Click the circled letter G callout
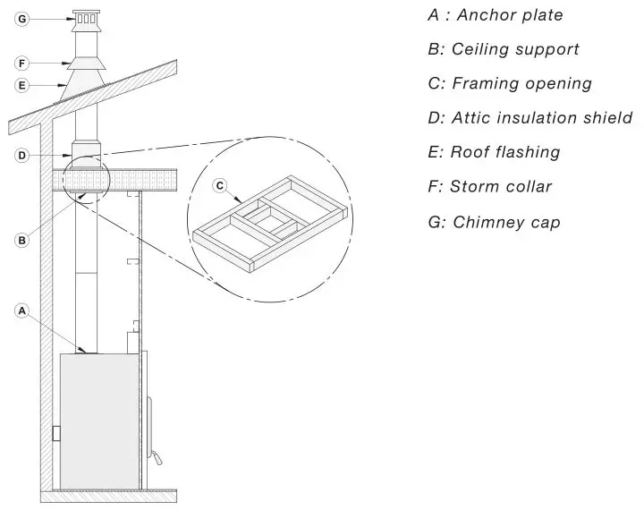click(x=22, y=18)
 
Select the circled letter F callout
click(x=22, y=64)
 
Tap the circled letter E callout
click(x=22, y=86)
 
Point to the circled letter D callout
click(x=22, y=156)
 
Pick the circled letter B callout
click(x=22, y=239)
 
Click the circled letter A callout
click(x=22, y=310)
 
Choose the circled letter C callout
click(x=220, y=186)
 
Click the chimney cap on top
click(x=87, y=20)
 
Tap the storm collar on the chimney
click(x=87, y=63)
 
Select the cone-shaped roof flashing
click(x=86, y=88)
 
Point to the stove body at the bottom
click(x=98, y=421)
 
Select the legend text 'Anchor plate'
click(x=496, y=15)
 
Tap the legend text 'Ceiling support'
click(x=503, y=49)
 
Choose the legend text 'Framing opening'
click(x=510, y=83)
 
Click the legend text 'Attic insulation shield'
click(x=530, y=117)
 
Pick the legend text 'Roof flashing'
click(x=494, y=152)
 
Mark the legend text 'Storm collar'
click(x=489, y=187)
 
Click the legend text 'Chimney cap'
click(x=494, y=221)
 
